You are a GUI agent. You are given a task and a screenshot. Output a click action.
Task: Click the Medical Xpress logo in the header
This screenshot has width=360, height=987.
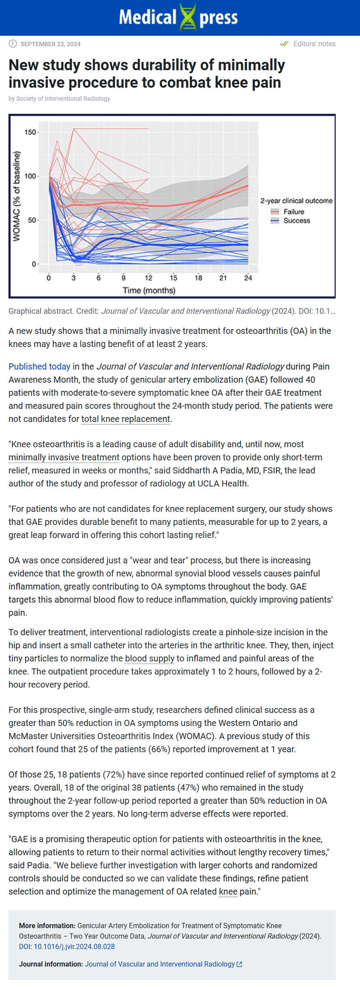click(x=179, y=17)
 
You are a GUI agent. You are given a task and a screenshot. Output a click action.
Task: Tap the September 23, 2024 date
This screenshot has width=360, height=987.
click(x=51, y=44)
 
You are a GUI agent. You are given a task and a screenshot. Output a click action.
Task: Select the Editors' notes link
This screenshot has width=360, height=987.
click(x=314, y=44)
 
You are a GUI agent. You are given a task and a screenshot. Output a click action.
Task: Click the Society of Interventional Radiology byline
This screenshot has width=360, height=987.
click(x=63, y=99)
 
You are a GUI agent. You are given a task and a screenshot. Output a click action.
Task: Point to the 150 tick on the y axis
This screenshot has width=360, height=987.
click(x=31, y=132)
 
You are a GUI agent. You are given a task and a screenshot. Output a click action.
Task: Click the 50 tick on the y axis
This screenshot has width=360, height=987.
click(x=32, y=220)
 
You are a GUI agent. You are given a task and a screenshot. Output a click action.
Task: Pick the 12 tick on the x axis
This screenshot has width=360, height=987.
click(x=149, y=278)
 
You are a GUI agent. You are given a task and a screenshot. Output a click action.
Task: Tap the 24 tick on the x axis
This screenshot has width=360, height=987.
click(x=248, y=278)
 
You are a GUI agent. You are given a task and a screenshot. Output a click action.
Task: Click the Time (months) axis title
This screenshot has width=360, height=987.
click(x=149, y=290)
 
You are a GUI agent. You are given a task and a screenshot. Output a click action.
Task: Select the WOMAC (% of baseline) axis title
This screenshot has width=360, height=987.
click(x=17, y=196)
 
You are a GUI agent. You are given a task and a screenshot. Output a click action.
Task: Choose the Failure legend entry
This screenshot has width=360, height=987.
click(x=294, y=212)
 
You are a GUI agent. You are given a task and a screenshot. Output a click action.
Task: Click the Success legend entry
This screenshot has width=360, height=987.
click(x=296, y=221)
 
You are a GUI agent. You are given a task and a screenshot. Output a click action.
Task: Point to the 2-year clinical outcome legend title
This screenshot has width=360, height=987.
click(x=296, y=201)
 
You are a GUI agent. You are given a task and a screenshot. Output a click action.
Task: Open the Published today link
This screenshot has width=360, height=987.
click(x=39, y=366)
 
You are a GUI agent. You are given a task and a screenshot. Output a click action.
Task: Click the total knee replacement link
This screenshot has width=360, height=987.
click(x=126, y=419)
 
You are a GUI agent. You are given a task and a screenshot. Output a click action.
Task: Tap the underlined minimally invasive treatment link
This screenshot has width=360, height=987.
click(x=64, y=457)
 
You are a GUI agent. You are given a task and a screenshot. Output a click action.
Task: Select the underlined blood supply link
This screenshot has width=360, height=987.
click(x=149, y=658)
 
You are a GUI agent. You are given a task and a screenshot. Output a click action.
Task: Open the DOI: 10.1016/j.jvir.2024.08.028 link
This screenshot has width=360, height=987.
click(x=67, y=946)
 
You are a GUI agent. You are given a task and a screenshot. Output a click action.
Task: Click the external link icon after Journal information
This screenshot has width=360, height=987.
click(x=239, y=964)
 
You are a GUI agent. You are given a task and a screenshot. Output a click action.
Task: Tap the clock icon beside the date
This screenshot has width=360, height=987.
click(x=13, y=44)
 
